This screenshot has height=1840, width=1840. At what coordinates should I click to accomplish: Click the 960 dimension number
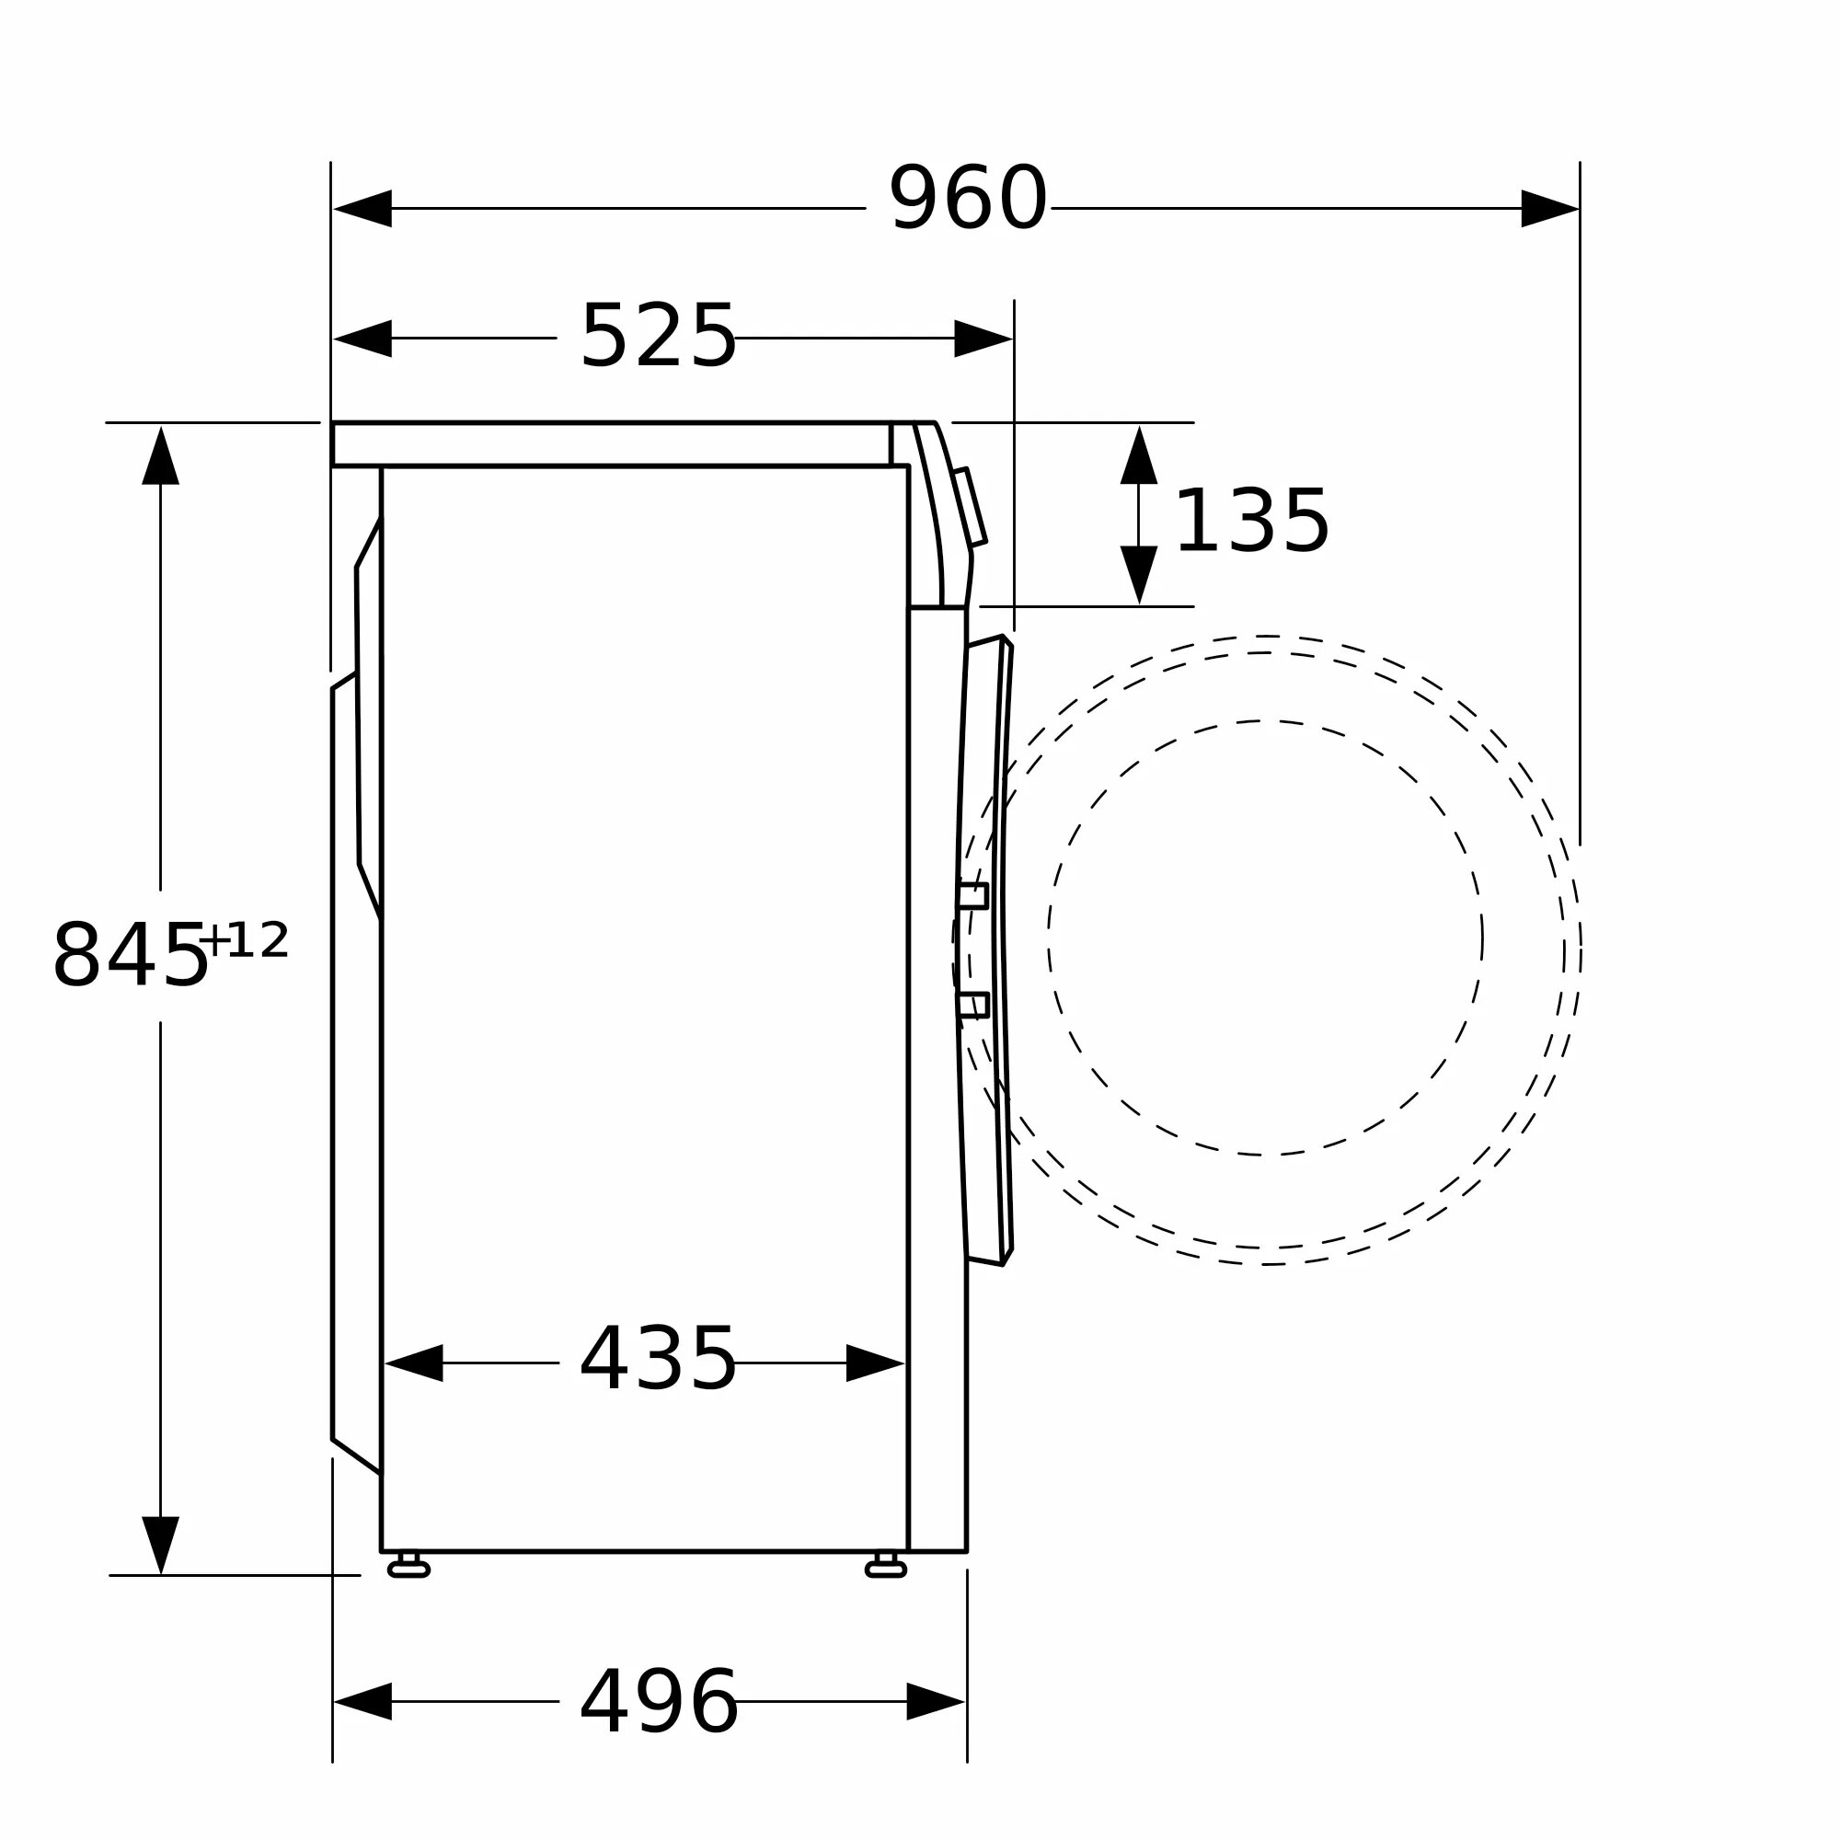(968, 198)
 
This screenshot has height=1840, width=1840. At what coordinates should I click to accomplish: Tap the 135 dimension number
(1251, 521)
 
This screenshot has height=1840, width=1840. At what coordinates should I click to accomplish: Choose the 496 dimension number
(659, 1702)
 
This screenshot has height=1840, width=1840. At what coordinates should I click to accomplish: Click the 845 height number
(130, 955)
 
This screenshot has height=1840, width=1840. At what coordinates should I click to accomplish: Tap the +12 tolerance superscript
(244, 941)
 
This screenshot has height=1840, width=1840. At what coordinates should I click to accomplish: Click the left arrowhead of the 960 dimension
(362, 209)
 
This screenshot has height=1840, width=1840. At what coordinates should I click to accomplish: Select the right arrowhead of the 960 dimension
(1549, 209)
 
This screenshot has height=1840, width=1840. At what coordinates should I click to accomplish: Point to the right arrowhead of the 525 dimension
(983, 338)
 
